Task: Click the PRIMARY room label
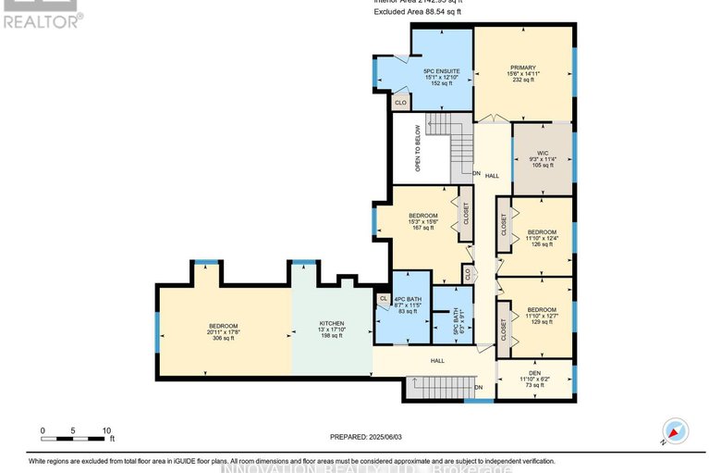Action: pyautogui.click(x=523, y=67)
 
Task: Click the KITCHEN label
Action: pyautogui.click(x=331, y=325)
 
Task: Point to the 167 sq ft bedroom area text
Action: pyautogui.click(x=422, y=228)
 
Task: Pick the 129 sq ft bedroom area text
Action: pyautogui.click(x=542, y=319)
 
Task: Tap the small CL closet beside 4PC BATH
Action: pyautogui.click(x=383, y=298)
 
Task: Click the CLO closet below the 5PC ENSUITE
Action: pyautogui.click(x=400, y=103)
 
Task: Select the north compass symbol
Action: pyautogui.click(x=675, y=429)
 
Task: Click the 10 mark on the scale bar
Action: pyautogui.click(x=107, y=430)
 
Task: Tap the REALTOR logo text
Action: pyautogui.click(x=42, y=19)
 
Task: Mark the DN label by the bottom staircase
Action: pyautogui.click(x=479, y=387)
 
